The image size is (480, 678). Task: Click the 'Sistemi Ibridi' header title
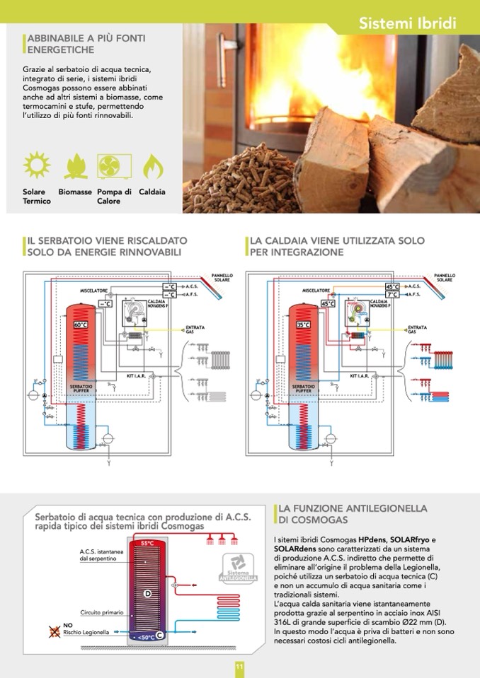coord(407,23)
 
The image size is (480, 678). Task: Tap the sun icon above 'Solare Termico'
coord(36,165)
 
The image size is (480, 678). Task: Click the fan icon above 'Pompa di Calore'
coord(113,165)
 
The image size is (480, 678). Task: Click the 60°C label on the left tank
coord(81,325)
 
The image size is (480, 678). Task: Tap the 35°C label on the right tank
coord(303,325)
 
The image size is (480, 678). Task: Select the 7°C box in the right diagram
coord(392,294)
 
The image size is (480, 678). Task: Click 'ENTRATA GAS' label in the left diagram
coord(195,329)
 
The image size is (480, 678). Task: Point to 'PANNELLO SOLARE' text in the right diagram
coord(445,277)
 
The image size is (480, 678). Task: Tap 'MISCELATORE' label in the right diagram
coord(317,290)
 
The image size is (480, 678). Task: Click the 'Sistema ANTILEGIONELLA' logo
coord(239,567)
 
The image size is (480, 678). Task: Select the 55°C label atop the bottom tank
coord(147,543)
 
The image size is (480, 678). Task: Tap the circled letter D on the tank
coord(147,592)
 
